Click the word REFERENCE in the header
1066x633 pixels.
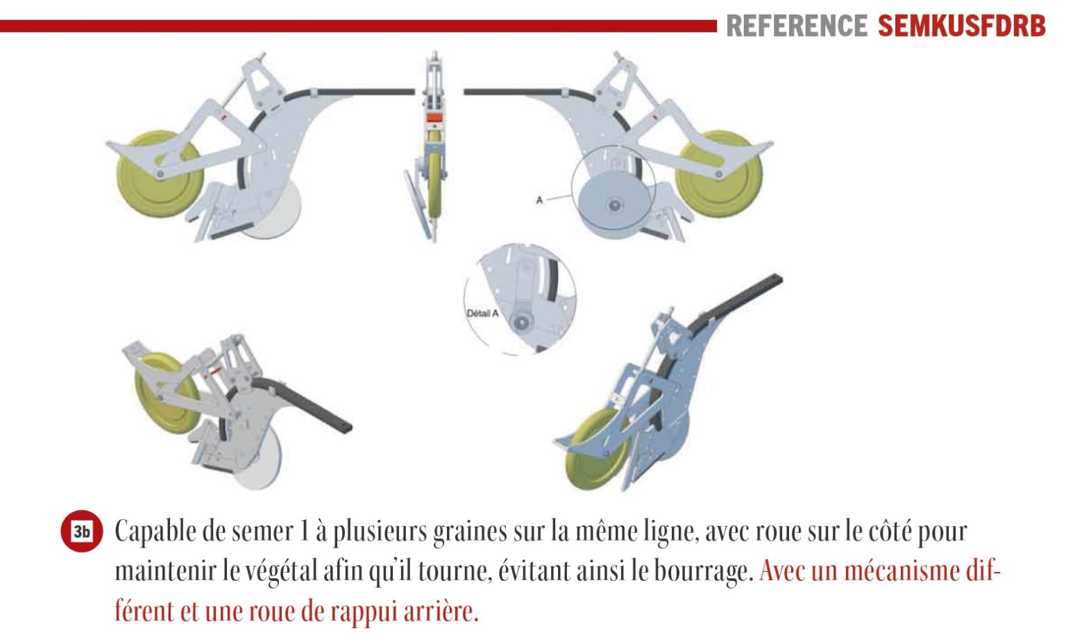(x=797, y=26)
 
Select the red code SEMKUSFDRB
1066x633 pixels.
(x=961, y=26)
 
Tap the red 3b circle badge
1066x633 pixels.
(x=81, y=531)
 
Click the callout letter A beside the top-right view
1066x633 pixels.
(x=539, y=200)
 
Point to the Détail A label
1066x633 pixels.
(x=482, y=314)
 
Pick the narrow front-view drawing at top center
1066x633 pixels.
(x=431, y=148)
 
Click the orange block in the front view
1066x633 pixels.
(x=434, y=117)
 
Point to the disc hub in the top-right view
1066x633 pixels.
(x=615, y=205)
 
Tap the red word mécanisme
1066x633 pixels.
(x=904, y=571)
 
